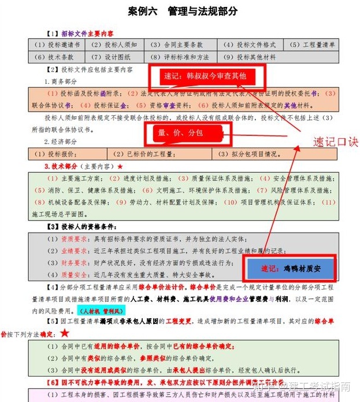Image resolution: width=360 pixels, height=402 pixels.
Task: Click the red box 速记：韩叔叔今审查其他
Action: pyautogui.click(x=206, y=76)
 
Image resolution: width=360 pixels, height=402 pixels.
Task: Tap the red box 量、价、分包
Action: pyautogui.click(x=183, y=133)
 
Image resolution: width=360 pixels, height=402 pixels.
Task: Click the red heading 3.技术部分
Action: pyautogui.click(x=65, y=166)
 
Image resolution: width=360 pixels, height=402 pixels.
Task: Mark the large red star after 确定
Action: pyautogui.click(x=65, y=333)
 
